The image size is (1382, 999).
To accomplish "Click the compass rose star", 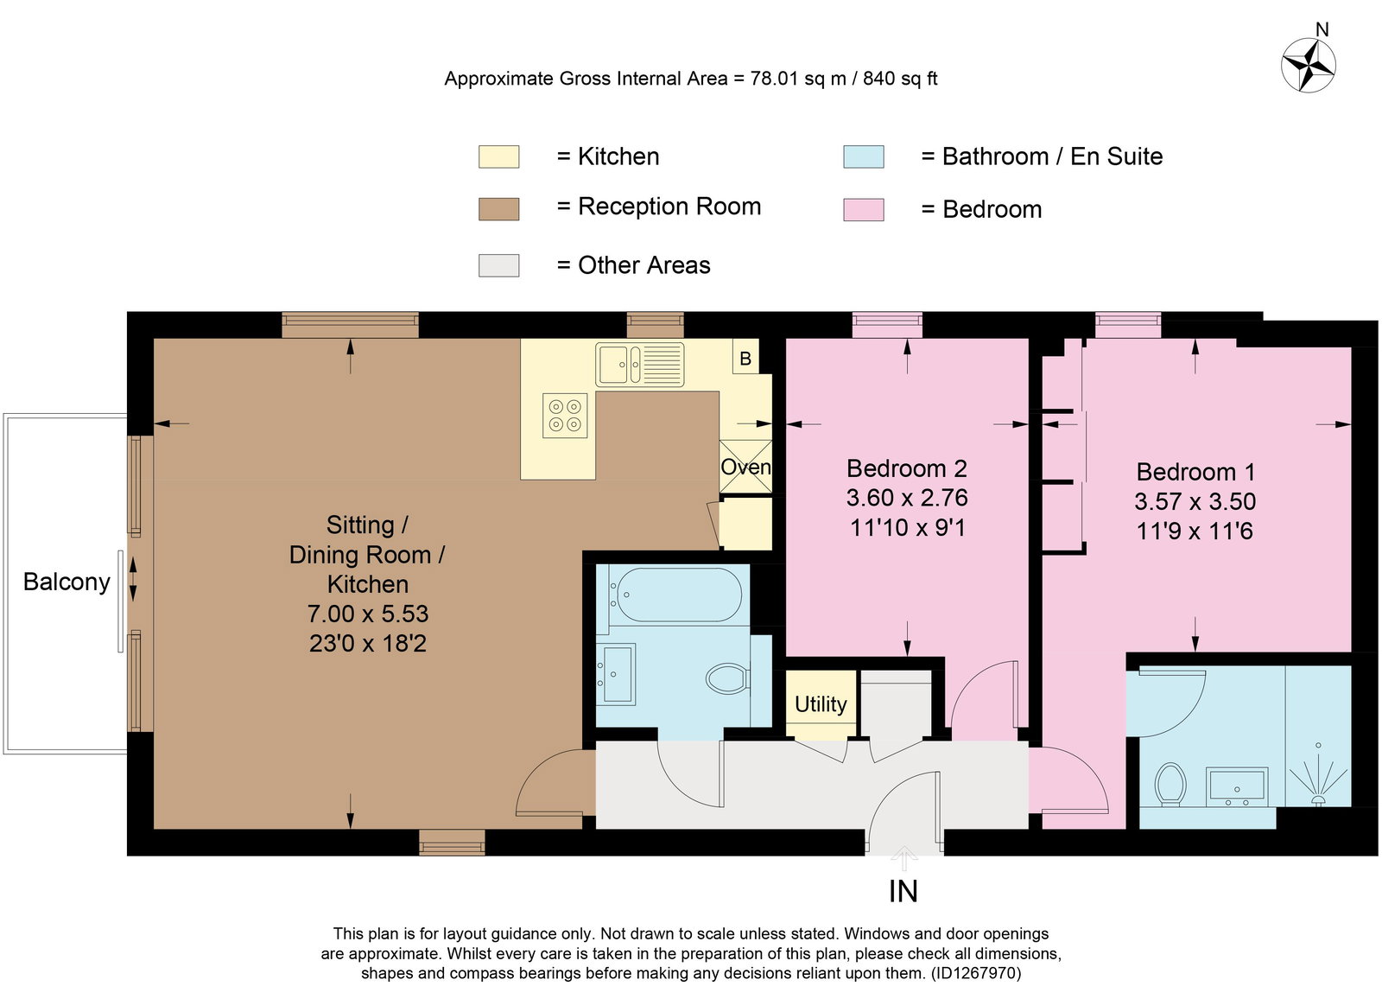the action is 1308,65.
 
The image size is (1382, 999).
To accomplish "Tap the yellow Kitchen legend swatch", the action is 498,156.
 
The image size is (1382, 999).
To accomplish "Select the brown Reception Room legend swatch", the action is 498,208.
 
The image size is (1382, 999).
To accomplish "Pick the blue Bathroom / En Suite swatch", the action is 863,156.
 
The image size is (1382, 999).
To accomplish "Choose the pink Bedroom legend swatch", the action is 863,209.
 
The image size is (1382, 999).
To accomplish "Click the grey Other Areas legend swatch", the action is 498,265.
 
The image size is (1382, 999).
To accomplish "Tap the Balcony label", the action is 67,582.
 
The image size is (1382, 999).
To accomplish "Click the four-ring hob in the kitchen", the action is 565,416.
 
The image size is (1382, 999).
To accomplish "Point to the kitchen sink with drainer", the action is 640,365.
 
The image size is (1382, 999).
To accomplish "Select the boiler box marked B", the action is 745,358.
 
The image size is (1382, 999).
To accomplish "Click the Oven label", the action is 745,467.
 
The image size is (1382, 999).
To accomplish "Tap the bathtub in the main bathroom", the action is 675,595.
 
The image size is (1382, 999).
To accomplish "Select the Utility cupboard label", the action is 821,703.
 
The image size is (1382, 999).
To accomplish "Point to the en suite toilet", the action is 1170,785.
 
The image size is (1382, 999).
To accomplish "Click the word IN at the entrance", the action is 903,892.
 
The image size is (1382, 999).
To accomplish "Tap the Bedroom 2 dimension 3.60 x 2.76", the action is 907,498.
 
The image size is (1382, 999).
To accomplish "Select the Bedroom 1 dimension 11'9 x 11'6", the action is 1195,531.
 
